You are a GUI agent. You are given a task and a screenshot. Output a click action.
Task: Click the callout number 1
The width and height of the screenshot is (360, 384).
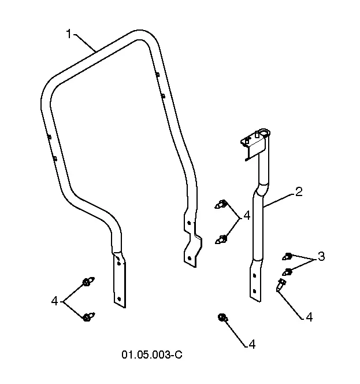coord(69,34)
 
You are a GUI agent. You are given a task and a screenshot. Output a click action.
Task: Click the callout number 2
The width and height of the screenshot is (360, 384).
coord(299,192)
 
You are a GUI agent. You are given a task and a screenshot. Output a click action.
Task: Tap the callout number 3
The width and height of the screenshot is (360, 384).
coord(321,256)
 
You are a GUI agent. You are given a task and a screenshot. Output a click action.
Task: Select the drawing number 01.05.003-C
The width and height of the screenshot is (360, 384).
coord(152,355)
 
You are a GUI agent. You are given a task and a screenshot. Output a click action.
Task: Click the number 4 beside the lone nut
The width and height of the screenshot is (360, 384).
coord(252,344)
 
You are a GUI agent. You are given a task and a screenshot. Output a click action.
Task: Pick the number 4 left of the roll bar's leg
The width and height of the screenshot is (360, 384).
coord(54,301)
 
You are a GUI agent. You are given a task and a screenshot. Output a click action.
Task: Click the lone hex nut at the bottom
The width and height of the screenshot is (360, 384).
coord(222,317)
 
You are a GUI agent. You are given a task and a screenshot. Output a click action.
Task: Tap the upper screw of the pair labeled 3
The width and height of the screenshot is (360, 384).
coord(287,256)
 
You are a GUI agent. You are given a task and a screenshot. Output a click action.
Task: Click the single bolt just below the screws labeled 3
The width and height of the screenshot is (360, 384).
coord(281,285)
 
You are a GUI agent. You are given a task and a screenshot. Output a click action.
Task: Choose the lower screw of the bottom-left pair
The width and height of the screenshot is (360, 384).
coord(88,317)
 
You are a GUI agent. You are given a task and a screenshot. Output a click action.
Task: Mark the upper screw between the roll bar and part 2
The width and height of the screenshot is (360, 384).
coord(221,204)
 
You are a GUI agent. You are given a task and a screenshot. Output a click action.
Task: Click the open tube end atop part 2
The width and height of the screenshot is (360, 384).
coord(264,133)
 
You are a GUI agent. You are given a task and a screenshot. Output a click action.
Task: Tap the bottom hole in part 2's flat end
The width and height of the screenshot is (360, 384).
coord(255,291)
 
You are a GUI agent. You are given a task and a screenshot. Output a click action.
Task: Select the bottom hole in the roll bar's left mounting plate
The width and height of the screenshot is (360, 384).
coord(119,299)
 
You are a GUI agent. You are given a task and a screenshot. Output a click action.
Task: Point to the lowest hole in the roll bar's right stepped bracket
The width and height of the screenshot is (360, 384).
coord(189,258)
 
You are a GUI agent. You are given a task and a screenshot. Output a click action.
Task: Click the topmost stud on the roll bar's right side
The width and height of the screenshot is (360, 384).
coord(158,74)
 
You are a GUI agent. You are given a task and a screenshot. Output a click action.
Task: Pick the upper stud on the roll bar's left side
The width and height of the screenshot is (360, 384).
coord(49,137)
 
